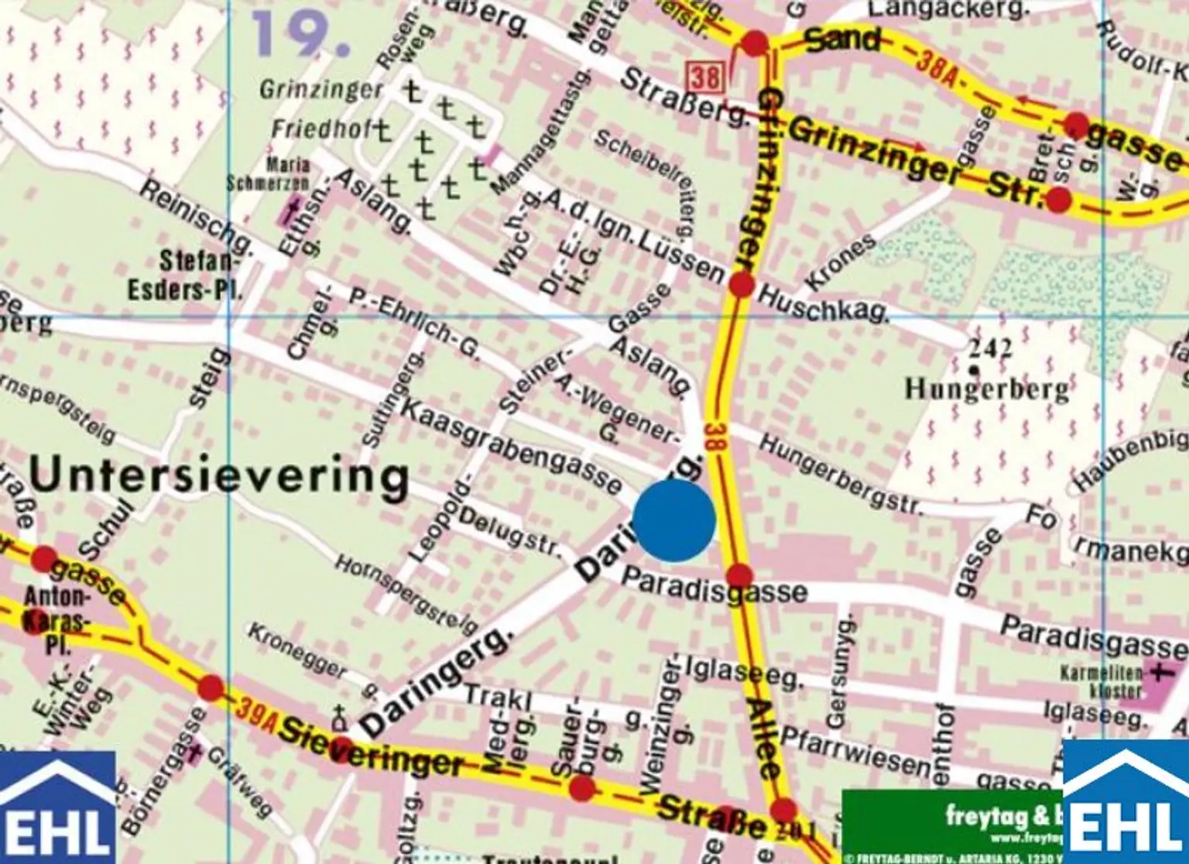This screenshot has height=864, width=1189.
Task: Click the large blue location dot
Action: coord(673,519)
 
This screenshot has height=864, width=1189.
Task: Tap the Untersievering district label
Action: coord(219,475)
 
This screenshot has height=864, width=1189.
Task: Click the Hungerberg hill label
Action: coord(987,387)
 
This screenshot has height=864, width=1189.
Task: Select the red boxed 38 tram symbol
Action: coord(704,77)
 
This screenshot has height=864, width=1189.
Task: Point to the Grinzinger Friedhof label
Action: coord(321,108)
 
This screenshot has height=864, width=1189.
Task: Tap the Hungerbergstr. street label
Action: coord(840,475)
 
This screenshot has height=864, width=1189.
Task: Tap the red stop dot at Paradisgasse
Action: coord(739,575)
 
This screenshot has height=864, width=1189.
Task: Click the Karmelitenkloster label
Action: coord(1113,681)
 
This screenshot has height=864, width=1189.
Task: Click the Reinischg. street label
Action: coord(197,218)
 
